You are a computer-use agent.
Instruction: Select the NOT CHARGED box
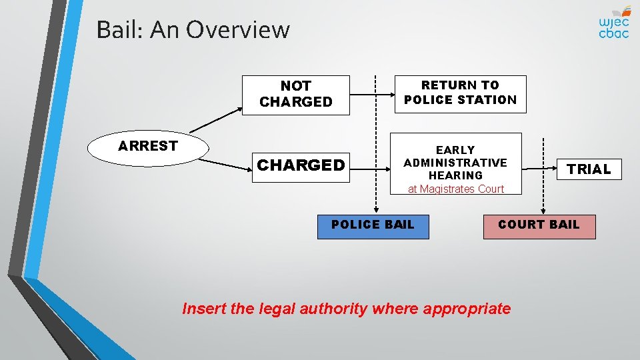point(295,95)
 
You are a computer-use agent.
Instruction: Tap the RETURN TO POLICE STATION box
point(460,93)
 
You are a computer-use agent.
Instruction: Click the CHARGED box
point(301,165)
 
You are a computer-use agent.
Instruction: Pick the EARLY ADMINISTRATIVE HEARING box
point(455,162)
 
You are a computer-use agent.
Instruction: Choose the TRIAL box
point(589,169)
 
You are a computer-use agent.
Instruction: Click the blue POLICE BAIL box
point(373,225)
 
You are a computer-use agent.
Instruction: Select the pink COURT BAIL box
point(539,225)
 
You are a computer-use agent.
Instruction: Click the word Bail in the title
point(118,30)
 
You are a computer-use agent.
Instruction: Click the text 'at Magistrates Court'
point(456,189)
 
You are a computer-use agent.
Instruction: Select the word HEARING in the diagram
point(455,175)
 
